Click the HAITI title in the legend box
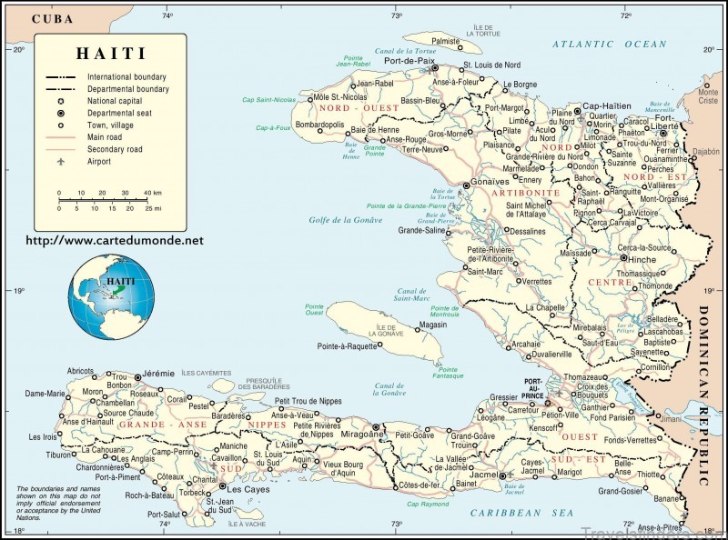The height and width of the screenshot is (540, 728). click(107, 54)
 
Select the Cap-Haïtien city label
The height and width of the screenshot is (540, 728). click(606, 105)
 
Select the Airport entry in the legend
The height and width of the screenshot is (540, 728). click(99, 162)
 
